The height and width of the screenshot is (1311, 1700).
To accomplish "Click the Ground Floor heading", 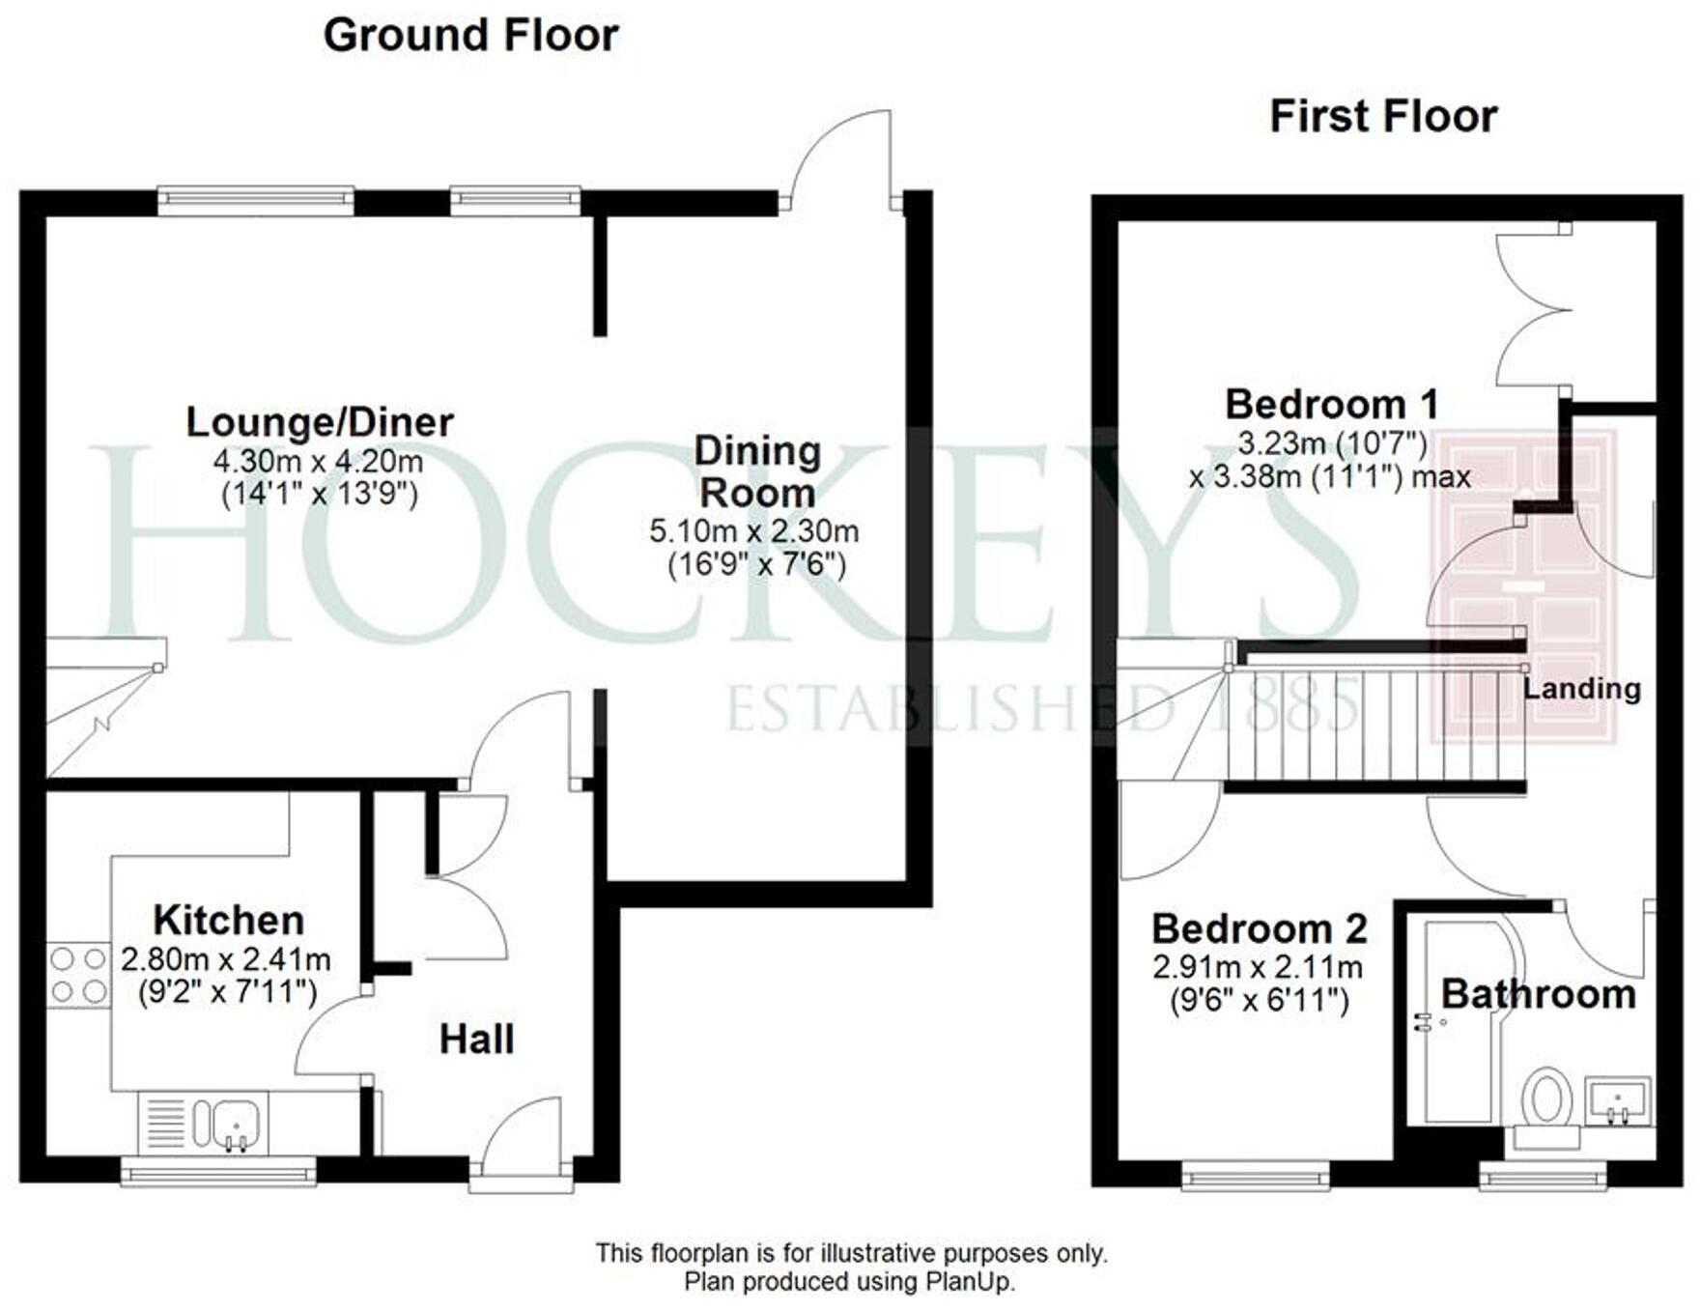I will pos(470,36).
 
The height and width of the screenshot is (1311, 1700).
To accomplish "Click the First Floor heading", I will pos(1382,117).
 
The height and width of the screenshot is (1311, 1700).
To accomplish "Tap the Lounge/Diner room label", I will pos(319,422).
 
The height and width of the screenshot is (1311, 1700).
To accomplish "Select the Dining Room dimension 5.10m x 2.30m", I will pos(753,531).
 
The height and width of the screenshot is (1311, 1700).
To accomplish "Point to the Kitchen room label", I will pos(229,920).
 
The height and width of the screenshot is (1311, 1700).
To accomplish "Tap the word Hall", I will pos(476,1040).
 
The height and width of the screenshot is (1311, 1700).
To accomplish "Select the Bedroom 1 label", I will pos(1331,404).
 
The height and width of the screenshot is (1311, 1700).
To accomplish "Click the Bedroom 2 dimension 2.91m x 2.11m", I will pos(1258,967).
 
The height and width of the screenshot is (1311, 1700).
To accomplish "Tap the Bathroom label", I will pos(1538,994).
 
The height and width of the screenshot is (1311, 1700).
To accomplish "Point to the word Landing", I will pos(1581,689).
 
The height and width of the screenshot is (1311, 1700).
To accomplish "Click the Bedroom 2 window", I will pos(1256,1176).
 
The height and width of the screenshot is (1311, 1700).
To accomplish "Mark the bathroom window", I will pos(1543,1176).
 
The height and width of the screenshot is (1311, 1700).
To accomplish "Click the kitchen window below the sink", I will pos(218,1172).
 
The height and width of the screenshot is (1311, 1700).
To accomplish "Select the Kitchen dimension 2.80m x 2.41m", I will pos(226,960).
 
